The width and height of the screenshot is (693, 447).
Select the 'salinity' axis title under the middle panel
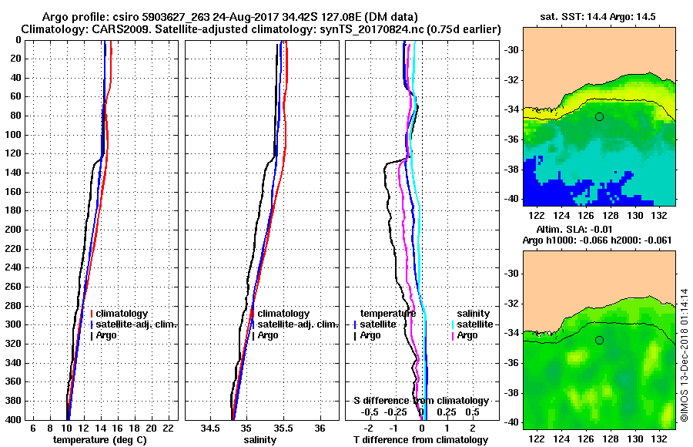click(x=261, y=439)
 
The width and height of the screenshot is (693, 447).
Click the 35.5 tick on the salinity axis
click(x=283, y=428)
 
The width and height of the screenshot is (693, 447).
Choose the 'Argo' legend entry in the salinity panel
click(x=269, y=335)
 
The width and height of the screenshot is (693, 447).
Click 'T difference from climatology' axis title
click(x=420, y=439)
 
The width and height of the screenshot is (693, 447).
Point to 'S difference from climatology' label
click(x=420, y=401)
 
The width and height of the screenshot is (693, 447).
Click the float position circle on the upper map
click(x=599, y=116)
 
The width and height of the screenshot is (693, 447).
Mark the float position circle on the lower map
click(x=599, y=340)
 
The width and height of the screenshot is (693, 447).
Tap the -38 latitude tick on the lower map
click(x=510, y=392)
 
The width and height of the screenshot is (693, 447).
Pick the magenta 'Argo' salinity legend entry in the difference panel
click(x=467, y=335)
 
